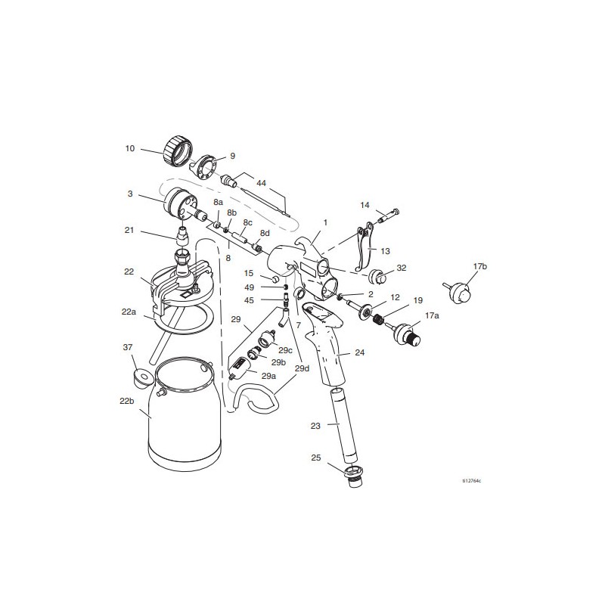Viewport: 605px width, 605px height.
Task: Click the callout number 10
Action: (x=129, y=149)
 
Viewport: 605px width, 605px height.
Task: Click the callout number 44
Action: (x=262, y=184)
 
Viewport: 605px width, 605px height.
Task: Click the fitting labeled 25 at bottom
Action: (x=353, y=477)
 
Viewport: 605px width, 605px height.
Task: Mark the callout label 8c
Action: (x=247, y=222)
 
